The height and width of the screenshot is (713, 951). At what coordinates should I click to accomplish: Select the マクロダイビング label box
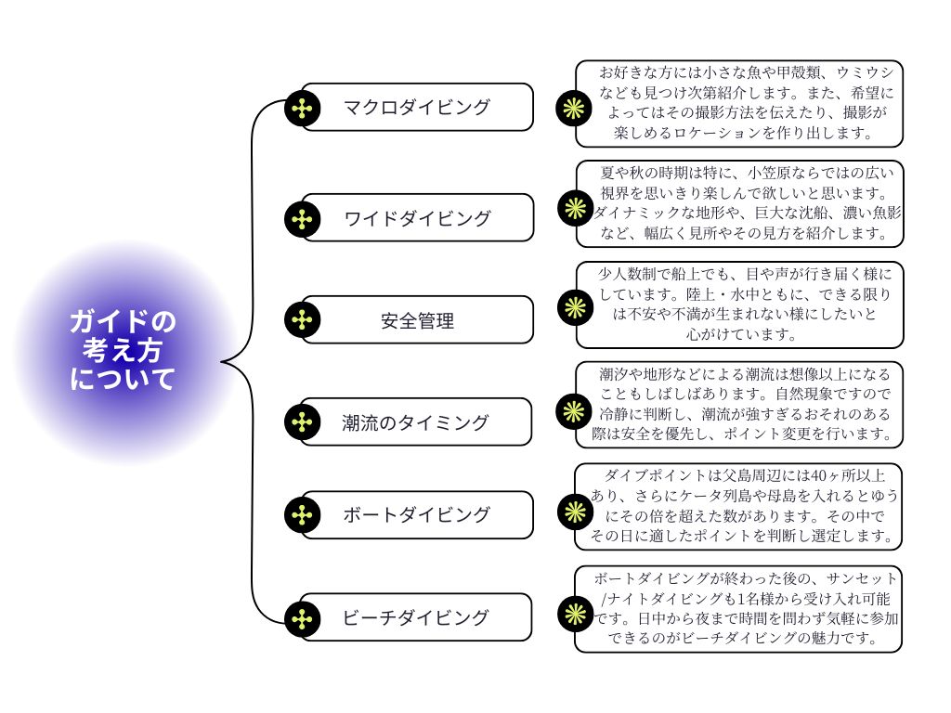(417, 107)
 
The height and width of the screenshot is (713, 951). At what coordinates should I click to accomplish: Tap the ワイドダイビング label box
(417, 218)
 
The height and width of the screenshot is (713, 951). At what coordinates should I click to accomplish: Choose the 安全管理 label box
(417, 320)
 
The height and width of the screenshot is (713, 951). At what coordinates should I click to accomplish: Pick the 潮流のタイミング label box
(417, 422)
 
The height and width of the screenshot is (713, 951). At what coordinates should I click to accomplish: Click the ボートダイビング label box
(417, 514)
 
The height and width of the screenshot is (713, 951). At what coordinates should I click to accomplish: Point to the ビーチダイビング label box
(417, 616)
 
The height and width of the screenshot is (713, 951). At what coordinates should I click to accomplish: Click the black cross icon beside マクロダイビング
(302, 108)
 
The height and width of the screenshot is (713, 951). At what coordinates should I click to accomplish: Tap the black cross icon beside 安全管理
(302, 320)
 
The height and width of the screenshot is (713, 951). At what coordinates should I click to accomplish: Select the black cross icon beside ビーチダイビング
(302, 617)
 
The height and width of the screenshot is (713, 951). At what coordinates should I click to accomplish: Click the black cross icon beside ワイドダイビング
(302, 219)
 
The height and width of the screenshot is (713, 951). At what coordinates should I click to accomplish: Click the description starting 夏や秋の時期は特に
(739, 203)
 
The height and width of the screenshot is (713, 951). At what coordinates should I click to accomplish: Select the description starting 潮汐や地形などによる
(739, 404)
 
